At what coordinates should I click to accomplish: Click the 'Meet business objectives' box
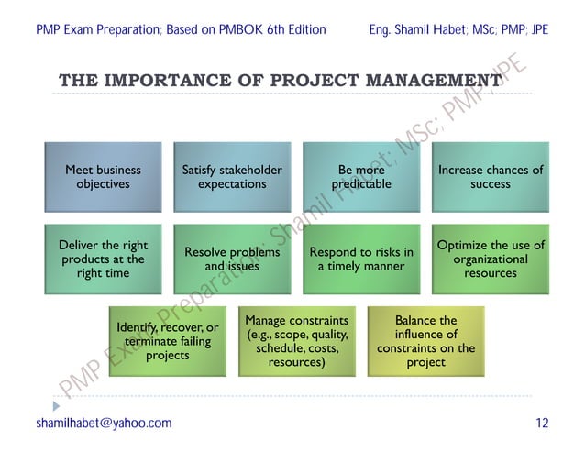point(104,177)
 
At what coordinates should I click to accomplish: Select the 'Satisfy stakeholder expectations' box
point(232,177)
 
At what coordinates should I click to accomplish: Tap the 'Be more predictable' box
point(361,177)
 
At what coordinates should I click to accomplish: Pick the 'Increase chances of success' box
point(491,177)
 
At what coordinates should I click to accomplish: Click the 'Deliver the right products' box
point(104,259)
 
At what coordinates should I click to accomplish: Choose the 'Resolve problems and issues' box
point(232,259)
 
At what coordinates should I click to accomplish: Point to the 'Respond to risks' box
point(361,259)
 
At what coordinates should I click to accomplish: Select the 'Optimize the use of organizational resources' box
point(491,259)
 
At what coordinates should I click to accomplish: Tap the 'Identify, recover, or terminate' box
point(167,341)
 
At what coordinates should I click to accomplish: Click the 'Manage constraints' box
point(296,341)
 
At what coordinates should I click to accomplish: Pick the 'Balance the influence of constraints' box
point(425,341)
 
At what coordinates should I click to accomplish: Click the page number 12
point(542,424)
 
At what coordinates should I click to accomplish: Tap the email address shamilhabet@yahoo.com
point(104,424)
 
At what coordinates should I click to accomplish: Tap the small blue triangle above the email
point(56,404)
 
